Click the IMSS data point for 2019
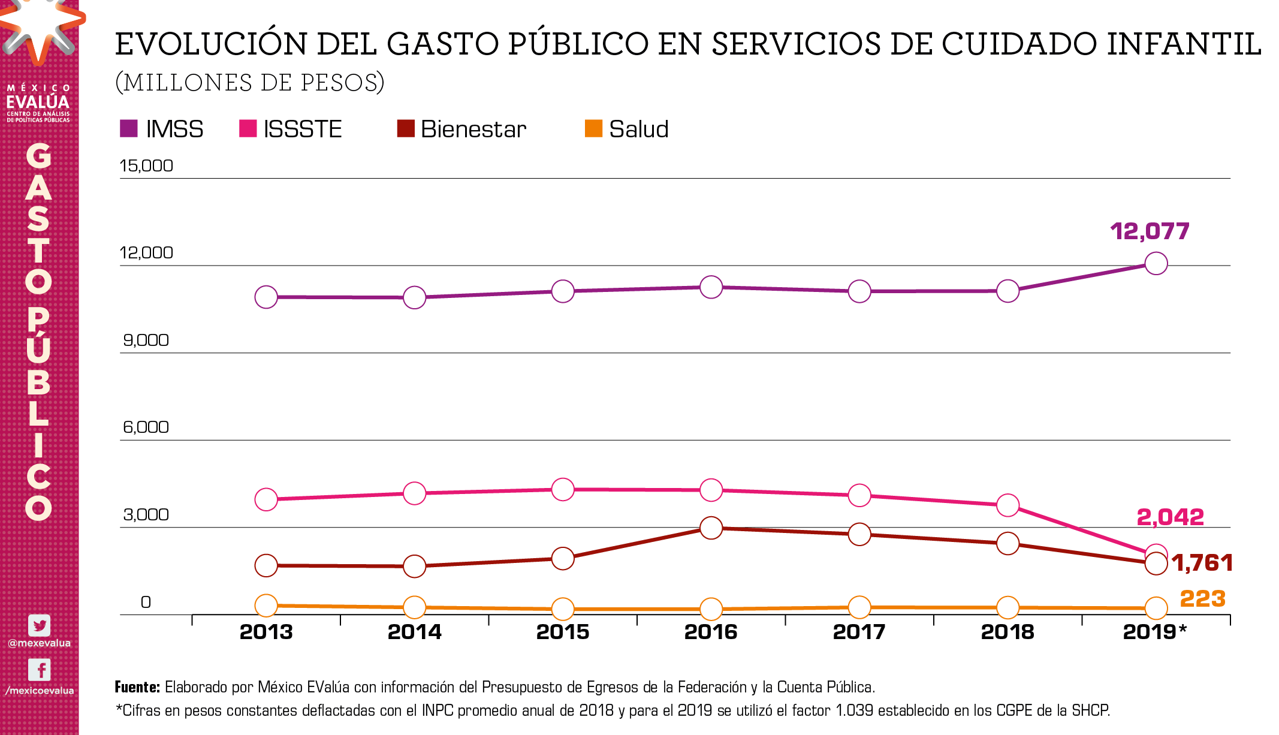[1156, 263]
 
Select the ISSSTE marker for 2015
[563, 489]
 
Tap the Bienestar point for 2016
[711, 528]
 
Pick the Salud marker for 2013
[266, 606]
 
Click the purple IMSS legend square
[129, 128]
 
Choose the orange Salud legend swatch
[593, 128]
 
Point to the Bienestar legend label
[473, 129]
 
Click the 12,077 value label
[1150, 231]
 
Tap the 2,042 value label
[1170, 517]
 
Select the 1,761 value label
[1202, 562]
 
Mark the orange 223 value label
[1202, 598]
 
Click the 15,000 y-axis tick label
[146, 165]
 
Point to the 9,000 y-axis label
[146, 340]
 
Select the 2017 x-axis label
[859, 631]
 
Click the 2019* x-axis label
[1154, 631]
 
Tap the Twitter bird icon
[40, 625]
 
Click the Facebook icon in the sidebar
[40, 670]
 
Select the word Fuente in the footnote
[137, 686]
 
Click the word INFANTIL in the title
[1184, 44]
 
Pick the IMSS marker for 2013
[266, 297]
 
